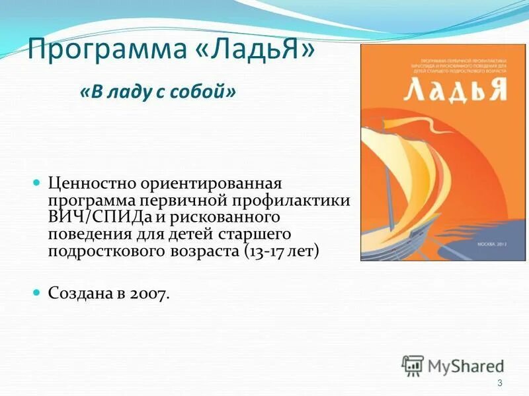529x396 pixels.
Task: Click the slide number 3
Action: tap(499, 383)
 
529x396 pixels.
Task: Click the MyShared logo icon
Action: tap(413, 365)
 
